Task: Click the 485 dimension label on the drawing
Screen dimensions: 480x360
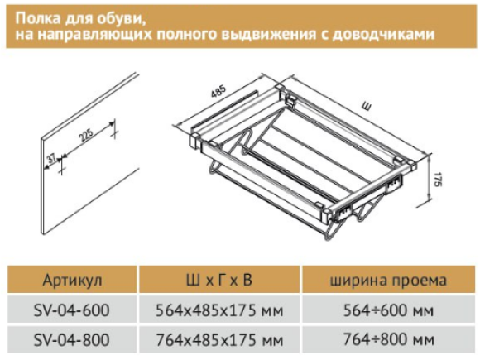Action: (218, 91)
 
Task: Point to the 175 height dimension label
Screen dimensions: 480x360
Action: (438, 180)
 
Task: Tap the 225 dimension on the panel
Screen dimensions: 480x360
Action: (86, 135)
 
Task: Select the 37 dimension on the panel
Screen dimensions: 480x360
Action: (51, 158)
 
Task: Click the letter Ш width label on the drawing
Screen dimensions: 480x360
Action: (366, 107)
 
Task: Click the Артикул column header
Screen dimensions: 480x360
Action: (72, 280)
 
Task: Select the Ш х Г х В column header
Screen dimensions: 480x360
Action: (219, 280)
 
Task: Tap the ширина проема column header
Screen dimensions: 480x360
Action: (388, 281)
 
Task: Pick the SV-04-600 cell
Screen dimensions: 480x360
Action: (72, 310)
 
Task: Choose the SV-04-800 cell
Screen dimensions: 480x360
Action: (72, 339)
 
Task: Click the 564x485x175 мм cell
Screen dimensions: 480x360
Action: (219, 310)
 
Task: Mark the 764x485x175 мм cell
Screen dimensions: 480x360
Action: (219, 339)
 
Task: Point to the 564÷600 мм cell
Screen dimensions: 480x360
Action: (388, 310)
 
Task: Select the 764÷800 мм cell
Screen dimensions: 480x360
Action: (388, 339)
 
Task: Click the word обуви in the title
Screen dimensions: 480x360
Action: (120, 19)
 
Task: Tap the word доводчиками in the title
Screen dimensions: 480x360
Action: (383, 34)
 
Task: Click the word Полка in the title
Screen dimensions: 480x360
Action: (38, 18)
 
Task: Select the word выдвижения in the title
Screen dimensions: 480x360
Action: (268, 35)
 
